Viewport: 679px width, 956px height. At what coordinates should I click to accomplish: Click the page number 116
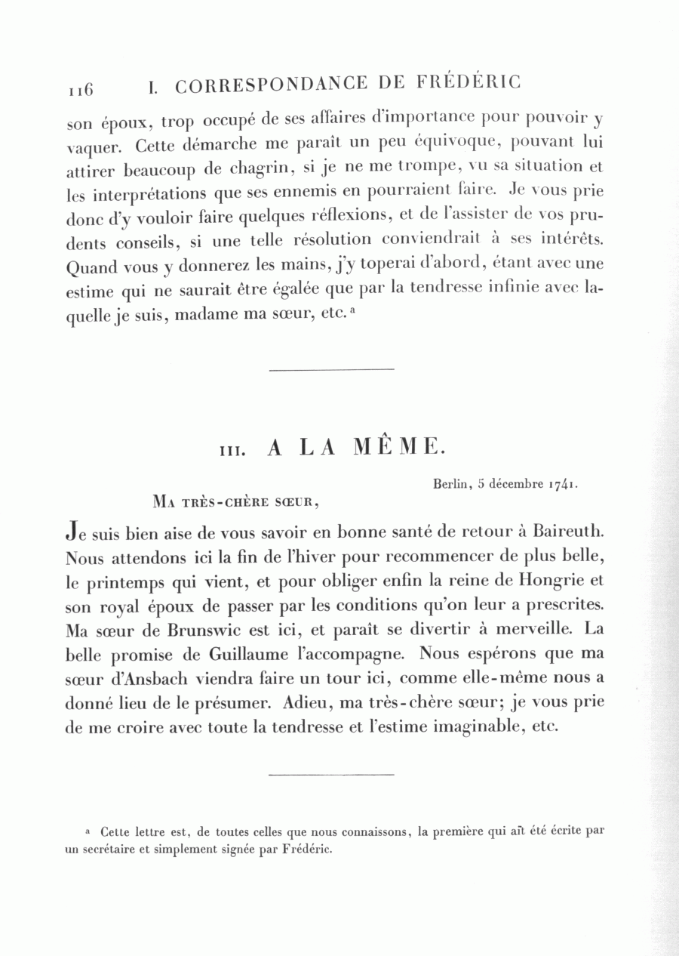point(80,90)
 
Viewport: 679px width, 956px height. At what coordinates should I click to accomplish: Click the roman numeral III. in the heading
point(229,451)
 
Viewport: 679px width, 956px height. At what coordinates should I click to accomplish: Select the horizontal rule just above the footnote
point(331,775)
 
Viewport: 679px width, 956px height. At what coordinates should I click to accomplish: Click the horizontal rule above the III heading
point(331,369)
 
